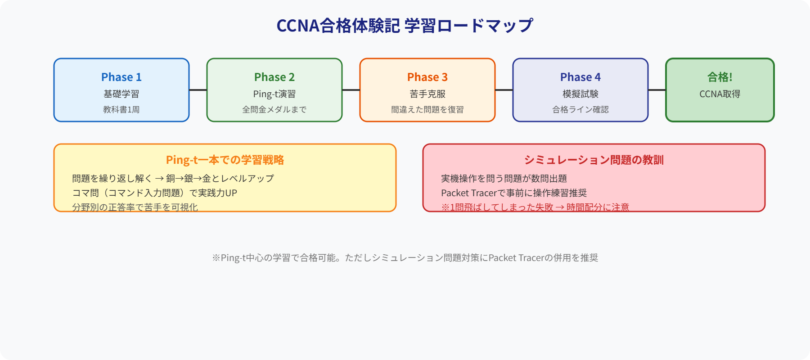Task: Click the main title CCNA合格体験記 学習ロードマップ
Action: [x=405, y=26]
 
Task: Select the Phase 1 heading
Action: [x=121, y=77]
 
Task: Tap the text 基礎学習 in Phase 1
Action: [x=121, y=94]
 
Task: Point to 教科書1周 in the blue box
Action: [x=121, y=109]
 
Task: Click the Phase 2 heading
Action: [x=274, y=77]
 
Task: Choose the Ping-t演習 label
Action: [x=274, y=94]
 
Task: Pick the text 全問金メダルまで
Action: [x=274, y=109]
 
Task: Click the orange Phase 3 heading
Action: [x=427, y=77]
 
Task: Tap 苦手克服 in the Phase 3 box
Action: [x=427, y=94]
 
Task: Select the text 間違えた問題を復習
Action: [x=427, y=109]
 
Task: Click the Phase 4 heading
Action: [x=580, y=77]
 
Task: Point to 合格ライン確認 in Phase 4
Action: [x=580, y=109]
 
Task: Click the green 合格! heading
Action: [x=720, y=77]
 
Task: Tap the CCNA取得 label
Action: [x=720, y=94]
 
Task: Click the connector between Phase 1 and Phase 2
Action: [x=198, y=90]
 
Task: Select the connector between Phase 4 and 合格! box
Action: [x=657, y=90]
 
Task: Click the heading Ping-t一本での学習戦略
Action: [x=225, y=160]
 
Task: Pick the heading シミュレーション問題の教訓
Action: [x=594, y=160]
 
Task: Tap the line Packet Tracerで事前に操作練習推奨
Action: [x=513, y=193]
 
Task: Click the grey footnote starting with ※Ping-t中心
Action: [x=405, y=258]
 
